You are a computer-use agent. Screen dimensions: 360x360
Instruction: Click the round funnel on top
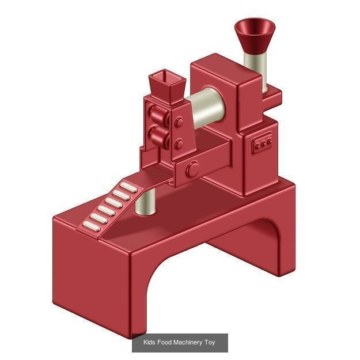click(x=255, y=32)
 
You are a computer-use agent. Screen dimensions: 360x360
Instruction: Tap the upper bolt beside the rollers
click(x=179, y=122)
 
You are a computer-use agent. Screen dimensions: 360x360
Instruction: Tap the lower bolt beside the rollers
click(x=179, y=144)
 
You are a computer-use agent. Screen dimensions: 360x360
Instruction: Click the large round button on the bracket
click(x=192, y=169)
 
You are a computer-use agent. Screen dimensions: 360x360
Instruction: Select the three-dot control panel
click(x=263, y=144)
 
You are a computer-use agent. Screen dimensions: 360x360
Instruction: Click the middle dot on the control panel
click(x=263, y=144)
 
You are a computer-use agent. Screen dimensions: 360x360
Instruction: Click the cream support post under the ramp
click(x=147, y=203)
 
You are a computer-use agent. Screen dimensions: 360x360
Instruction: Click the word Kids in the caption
click(x=149, y=343)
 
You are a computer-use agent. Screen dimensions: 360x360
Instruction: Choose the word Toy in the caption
click(x=210, y=343)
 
